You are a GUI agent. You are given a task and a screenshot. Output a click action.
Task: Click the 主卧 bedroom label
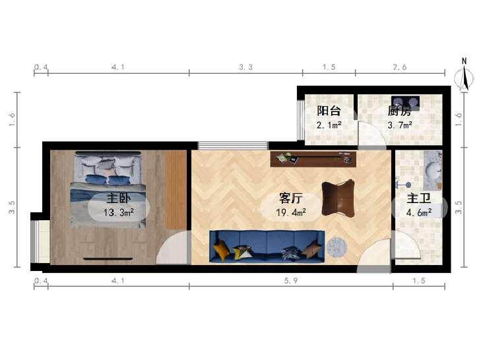[118, 198]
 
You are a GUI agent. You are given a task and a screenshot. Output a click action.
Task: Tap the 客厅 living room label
[291, 198]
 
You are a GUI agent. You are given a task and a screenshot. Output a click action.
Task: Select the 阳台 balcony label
[329, 111]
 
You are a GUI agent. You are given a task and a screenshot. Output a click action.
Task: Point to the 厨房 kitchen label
[399, 111]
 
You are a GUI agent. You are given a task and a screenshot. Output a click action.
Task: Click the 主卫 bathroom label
[419, 198]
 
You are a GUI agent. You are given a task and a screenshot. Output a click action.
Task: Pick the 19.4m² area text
[291, 212]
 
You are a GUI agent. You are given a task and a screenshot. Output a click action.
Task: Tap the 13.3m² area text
[118, 212]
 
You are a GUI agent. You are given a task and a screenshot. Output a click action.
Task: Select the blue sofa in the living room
[267, 247]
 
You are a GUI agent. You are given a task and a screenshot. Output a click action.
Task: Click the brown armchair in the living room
[338, 198]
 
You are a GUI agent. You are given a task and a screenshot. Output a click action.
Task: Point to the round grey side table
[337, 247]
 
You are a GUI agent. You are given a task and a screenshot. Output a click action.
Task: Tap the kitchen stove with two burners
[405, 103]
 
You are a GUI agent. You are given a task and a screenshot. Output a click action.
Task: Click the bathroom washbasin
[433, 171]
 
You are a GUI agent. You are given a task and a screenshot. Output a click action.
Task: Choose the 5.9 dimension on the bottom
[291, 281]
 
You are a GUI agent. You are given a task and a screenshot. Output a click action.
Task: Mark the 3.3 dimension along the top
[245, 67]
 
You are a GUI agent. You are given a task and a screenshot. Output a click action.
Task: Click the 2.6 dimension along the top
[400, 67]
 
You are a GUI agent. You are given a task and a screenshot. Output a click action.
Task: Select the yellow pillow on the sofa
[221, 250]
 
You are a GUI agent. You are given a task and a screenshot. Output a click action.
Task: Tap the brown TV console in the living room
[313, 159]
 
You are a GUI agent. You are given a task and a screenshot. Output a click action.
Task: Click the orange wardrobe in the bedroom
[176, 190]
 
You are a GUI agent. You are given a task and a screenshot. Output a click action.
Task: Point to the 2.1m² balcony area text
[329, 125]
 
